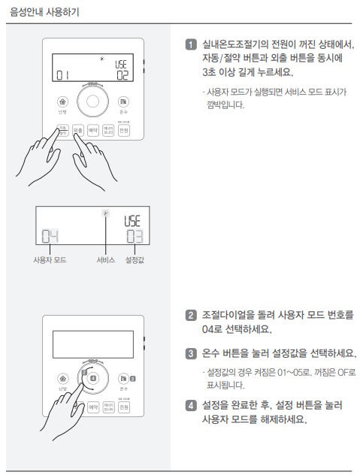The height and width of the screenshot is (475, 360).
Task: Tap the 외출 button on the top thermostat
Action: pos(78,130)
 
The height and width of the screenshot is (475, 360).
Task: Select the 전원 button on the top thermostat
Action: pos(124,130)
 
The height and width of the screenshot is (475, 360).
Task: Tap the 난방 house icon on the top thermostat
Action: pos(63,101)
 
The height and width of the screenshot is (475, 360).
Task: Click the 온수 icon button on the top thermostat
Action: pos(123,101)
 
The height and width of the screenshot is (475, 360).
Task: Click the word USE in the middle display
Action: pos(134,219)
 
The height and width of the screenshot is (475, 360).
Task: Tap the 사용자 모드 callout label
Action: pos(50,260)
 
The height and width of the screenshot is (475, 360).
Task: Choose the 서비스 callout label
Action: pos(105,260)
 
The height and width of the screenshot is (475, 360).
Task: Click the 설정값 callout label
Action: pos(135,260)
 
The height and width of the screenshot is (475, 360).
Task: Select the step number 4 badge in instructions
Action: pos(192,406)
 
